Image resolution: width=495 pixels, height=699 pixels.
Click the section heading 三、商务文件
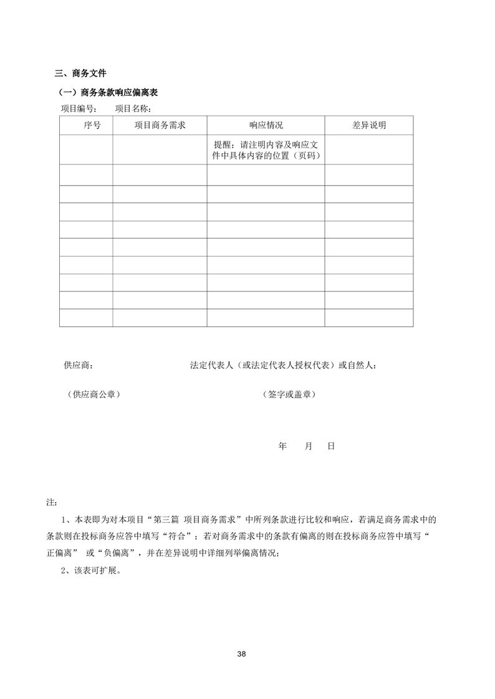[80, 74]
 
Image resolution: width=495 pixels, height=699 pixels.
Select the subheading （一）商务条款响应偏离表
[107, 93]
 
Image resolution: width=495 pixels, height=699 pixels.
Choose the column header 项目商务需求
[160, 125]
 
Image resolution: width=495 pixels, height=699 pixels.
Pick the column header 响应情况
[266, 125]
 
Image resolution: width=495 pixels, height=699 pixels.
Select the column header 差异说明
[368, 125]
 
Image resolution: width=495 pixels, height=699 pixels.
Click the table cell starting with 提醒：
[266, 150]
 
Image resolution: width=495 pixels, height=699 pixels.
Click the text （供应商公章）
[93, 394]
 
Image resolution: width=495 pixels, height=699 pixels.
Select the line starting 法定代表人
[283, 364]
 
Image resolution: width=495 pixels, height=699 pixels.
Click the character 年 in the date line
[282, 447]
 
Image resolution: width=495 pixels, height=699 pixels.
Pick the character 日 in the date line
[331, 447]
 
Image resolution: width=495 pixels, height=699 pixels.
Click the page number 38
[242, 654]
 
